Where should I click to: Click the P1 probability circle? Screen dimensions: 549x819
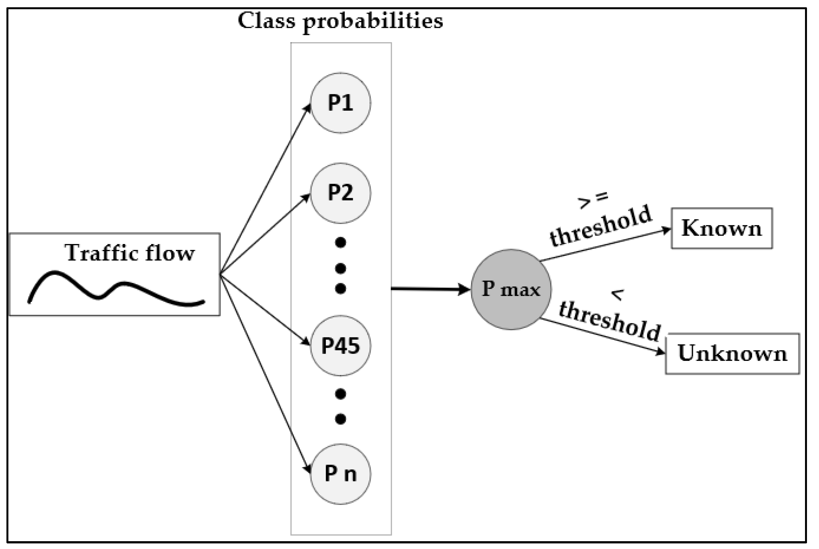340,103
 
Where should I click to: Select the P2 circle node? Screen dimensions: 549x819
340,193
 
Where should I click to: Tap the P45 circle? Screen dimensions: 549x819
340,346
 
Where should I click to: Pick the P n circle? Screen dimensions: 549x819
340,474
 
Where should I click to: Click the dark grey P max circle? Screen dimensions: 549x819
511,289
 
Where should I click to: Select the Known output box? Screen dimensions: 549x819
721,228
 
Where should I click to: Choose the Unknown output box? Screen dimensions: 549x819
732,353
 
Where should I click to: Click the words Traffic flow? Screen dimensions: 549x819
129,253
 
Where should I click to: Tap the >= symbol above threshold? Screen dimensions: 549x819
593,200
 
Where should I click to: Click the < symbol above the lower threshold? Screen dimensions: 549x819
618,295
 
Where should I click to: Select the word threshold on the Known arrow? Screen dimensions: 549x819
601,226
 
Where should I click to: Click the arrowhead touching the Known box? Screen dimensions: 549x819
665,230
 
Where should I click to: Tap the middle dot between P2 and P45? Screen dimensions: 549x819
340,269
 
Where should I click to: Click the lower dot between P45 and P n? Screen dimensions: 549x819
340,419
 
